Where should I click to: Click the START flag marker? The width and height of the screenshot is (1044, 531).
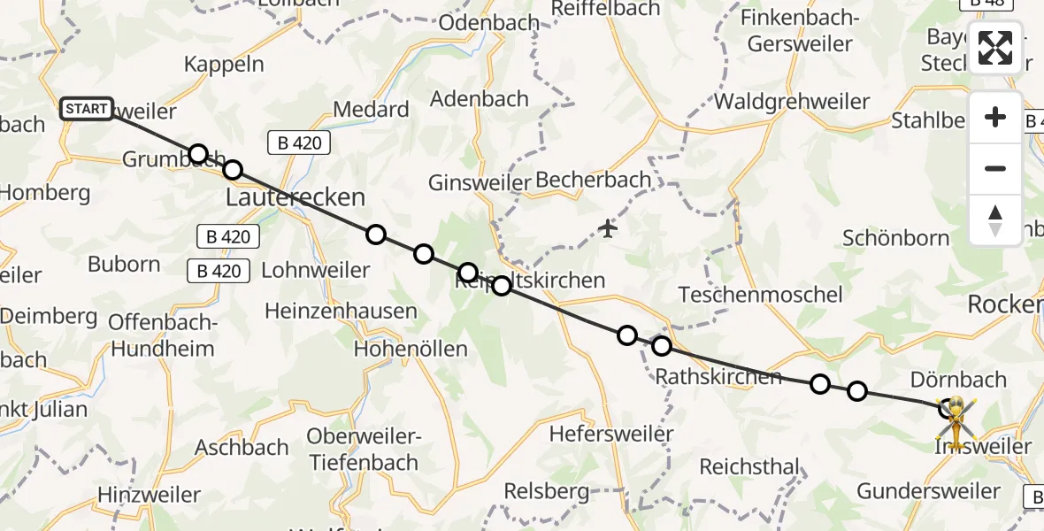[x=87, y=109]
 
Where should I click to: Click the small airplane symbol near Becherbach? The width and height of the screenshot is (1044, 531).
[x=608, y=229]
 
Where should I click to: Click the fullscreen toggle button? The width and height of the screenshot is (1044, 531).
[x=995, y=48]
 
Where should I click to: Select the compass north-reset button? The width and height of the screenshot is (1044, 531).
[x=995, y=220]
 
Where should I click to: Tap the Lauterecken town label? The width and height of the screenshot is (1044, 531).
[x=296, y=196]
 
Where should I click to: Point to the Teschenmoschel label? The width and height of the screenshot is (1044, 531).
[x=758, y=294]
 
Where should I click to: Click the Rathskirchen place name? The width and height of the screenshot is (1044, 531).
[x=718, y=376]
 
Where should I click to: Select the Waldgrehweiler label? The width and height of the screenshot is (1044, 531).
[x=792, y=101]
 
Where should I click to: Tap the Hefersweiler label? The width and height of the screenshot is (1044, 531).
[x=611, y=434]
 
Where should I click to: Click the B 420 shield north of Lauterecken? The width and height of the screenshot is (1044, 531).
[x=299, y=142]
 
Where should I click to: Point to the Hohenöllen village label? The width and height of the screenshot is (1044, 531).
[x=411, y=349]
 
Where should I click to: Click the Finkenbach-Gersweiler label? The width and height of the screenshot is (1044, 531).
[x=797, y=30]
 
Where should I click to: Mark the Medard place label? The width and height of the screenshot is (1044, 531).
[x=372, y=110]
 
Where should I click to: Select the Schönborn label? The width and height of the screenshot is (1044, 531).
[x=896, y=238]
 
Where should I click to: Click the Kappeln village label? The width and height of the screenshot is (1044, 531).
[x=225, y=64]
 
